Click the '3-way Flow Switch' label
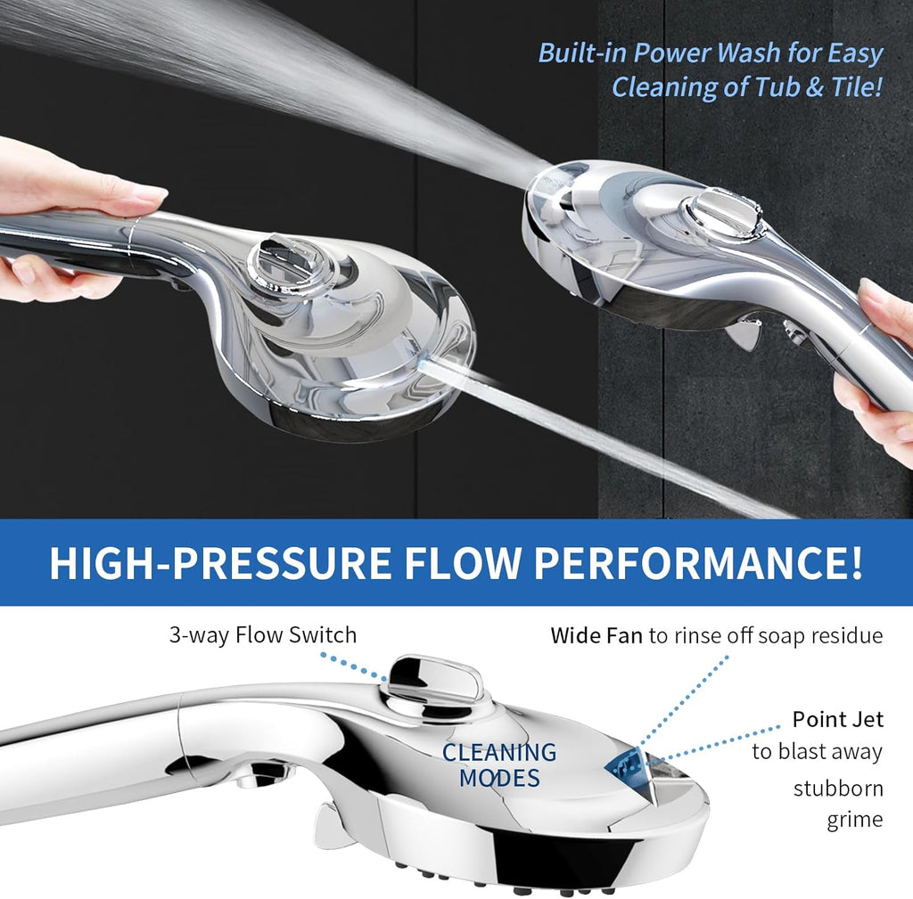point(263,635)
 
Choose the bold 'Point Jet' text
point(837,719)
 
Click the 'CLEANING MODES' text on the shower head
point(499,764)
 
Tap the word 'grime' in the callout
point(854,820)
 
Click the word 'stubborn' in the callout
point(838,788)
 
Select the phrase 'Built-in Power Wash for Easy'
point(710,53)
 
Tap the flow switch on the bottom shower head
point(436,679)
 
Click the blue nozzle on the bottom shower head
point(628,761)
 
